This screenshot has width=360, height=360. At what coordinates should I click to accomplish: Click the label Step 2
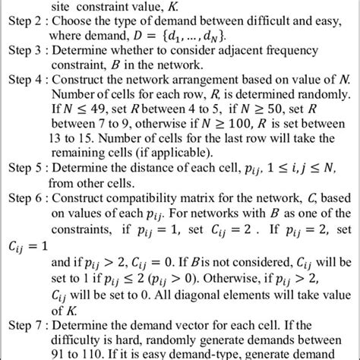[24, 21]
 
